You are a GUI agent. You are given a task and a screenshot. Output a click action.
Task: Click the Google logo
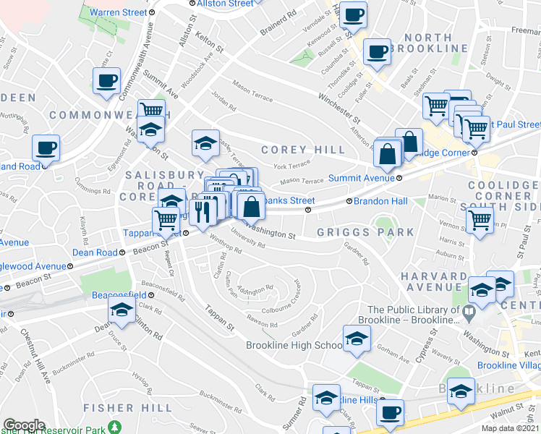[24, 425]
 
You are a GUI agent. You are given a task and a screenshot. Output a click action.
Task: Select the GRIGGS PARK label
[365, 232]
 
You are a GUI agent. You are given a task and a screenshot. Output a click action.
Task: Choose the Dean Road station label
[95, 252]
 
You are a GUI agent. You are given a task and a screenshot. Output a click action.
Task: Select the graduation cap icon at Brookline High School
[356, 339]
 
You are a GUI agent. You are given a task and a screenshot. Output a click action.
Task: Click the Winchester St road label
[338, 107]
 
